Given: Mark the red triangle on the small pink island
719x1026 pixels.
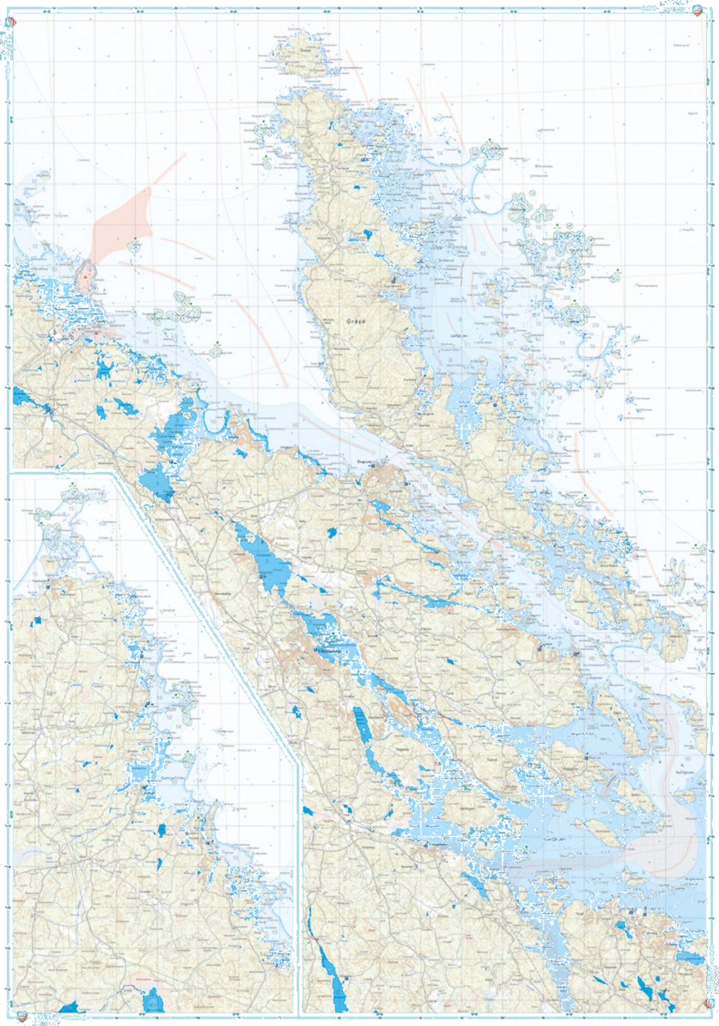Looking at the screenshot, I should [x=85, y=277].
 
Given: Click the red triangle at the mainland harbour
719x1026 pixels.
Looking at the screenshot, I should [x=97, y=332].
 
